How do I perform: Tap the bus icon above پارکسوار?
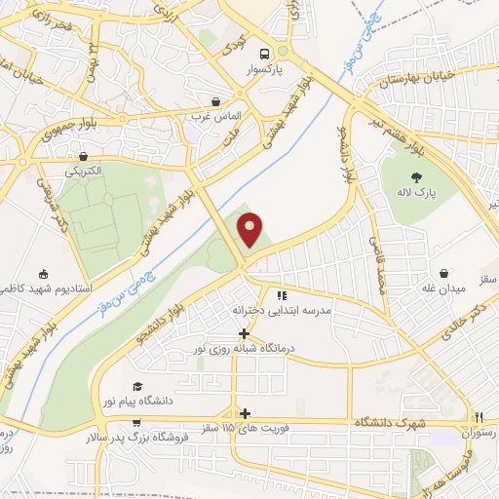263,55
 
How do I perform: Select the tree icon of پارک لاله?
417,177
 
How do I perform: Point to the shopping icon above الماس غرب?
215,100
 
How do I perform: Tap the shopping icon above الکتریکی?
85,155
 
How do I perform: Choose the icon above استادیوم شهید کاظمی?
43,274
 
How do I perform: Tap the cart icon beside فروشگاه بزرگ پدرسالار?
136,422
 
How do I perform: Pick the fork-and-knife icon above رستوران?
479,414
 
